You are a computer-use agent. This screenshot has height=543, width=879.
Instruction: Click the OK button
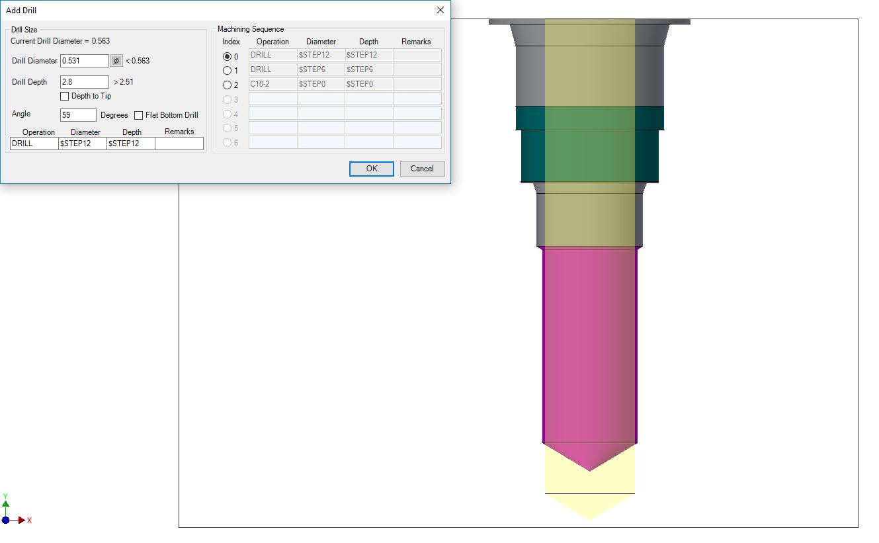point(371,169)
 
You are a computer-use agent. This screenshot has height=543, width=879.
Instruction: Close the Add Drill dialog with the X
point(440,10)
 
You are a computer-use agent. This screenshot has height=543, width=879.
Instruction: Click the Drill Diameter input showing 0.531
point(85,61)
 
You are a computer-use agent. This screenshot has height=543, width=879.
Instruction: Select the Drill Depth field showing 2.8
point(85,82)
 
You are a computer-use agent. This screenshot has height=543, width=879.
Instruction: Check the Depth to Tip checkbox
point(65,96)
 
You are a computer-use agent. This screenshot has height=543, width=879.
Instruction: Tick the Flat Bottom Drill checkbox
point(138,115)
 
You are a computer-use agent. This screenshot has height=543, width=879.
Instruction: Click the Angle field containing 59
point(78,115)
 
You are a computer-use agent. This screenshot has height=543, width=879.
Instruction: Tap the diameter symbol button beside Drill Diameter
point(116,61)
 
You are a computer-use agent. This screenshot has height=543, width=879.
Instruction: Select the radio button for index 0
point(227,56)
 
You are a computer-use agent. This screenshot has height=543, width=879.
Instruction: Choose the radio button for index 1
point(227,71)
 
